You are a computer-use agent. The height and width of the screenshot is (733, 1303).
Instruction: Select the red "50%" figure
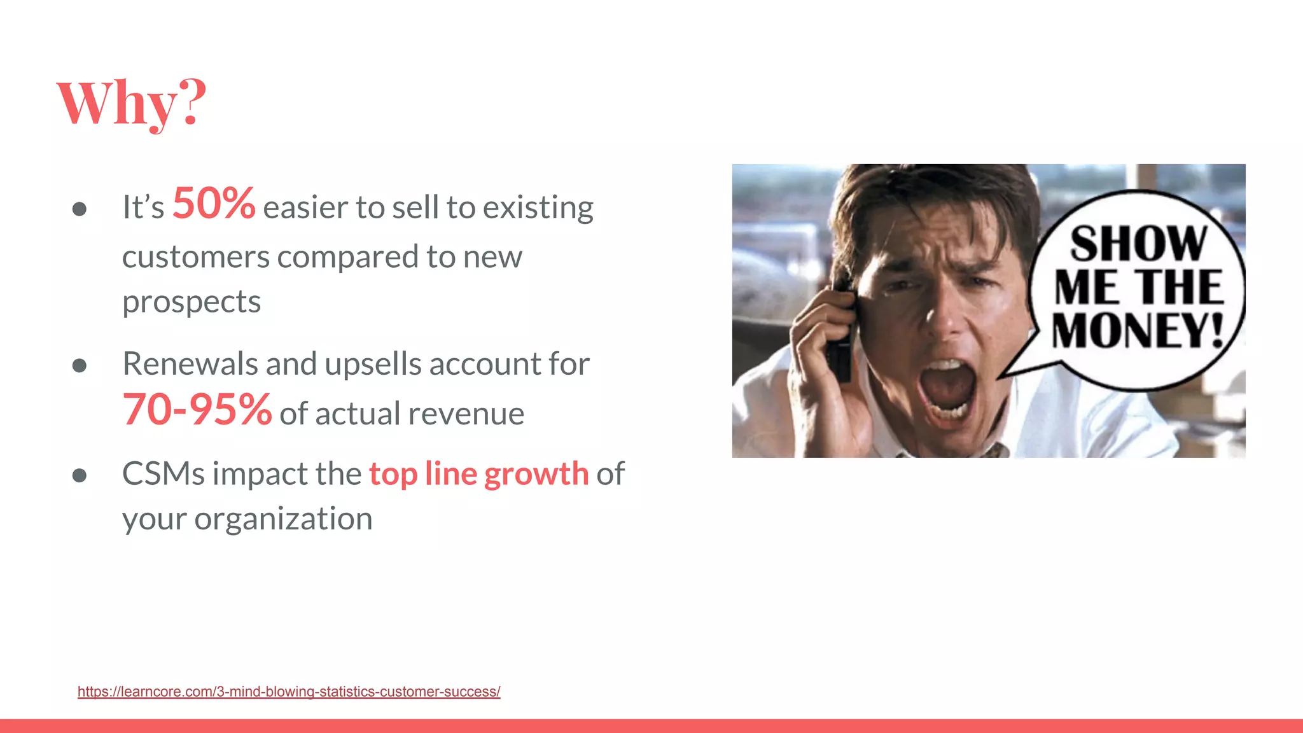[214, 204]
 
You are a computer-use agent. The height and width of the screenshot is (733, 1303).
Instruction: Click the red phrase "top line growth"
[478, 474]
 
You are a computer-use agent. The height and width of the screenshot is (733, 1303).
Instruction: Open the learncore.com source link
[289, 692]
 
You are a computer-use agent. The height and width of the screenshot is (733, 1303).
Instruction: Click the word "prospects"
[192, 302]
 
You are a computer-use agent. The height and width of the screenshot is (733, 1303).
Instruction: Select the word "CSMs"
[163, 474]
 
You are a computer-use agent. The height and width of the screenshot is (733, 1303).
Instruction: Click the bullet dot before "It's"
[80, 209]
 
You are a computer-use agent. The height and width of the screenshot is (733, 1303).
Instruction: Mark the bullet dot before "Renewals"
[80, 365]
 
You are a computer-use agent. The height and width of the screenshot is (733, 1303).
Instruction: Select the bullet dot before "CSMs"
[80, 475]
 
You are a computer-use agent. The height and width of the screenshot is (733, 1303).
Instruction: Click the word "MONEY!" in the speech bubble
[1138, 331]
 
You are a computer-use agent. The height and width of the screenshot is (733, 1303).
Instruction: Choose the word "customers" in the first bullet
[196, 257]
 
